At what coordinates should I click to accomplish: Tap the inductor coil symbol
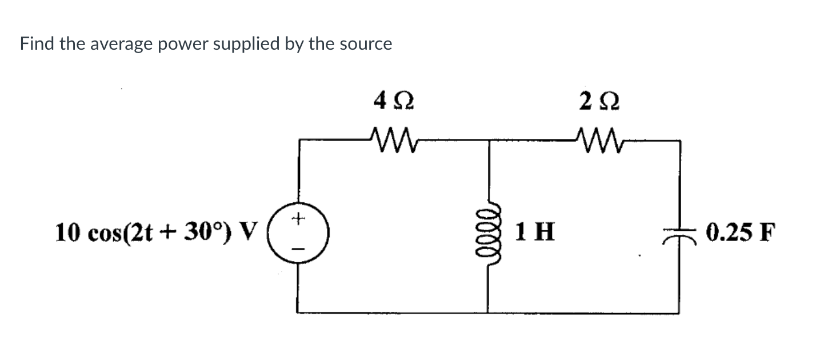point(487,233)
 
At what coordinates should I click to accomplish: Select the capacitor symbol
point(679,234)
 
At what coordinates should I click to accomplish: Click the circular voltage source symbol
point(297,233)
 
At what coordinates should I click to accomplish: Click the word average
point(118,44)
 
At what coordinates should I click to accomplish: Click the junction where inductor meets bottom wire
point(487,313)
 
